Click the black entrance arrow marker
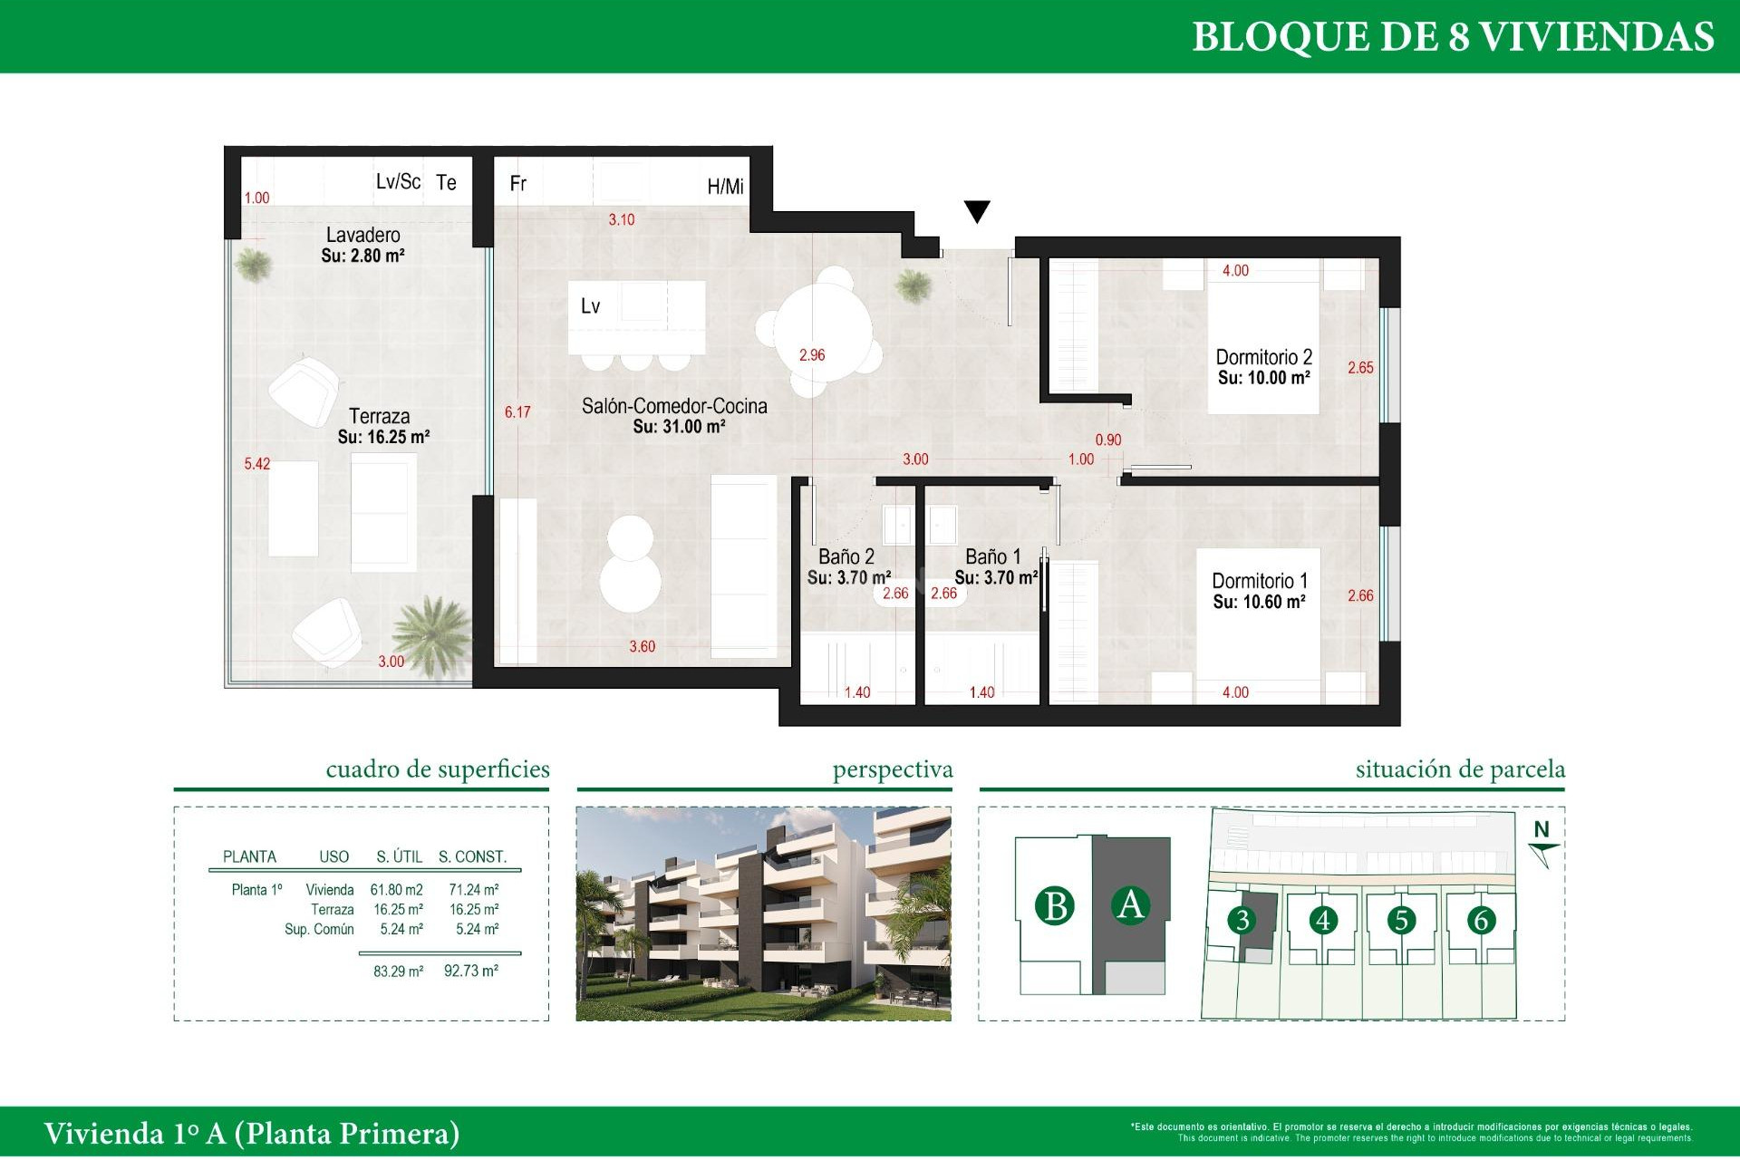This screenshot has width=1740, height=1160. tap(977, 211)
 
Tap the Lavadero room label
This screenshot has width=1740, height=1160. tap(362, 236)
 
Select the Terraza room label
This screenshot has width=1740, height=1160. tap(380, 417)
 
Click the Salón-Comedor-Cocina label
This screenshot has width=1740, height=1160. tap(674, 407)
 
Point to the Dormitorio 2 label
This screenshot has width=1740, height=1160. tap(1263, 357)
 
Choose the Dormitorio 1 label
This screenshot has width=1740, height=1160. tap(1259, 581)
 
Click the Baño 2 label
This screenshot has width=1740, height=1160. tap(846, 556)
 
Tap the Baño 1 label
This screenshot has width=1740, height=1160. tap(992, 556)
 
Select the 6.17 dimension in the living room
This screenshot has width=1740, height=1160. tap(517, 412)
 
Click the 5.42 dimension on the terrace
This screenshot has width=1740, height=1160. tap(256, 464)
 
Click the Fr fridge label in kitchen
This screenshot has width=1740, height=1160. tap(518, 184)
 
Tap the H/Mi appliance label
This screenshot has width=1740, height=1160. tap(725, 187)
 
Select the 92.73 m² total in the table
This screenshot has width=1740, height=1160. tap(470, 971)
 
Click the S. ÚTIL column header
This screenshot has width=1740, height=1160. tap(399, 856)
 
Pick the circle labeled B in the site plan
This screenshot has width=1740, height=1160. tap(1055, 906)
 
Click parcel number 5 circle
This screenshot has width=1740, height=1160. tap(1401, 921)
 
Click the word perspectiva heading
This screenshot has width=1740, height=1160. tap(893, 769)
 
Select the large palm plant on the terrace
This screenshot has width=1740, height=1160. tap(433, 631)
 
